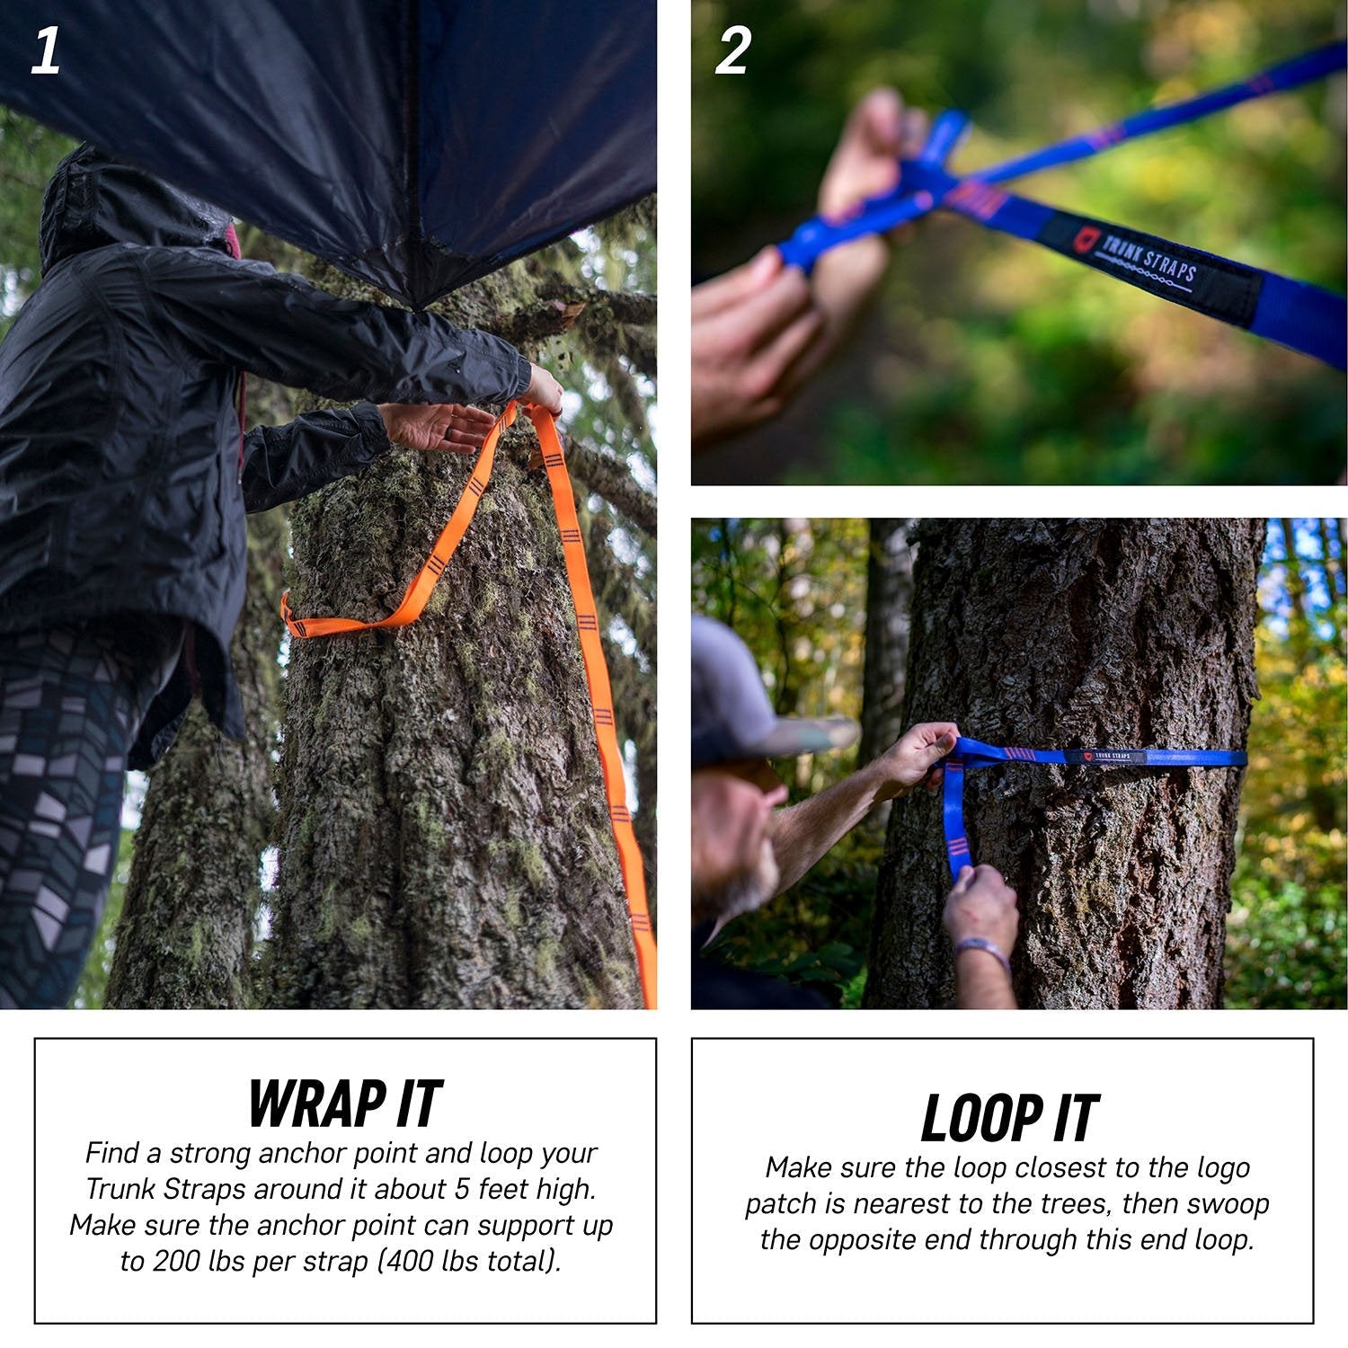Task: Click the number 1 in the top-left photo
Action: tap(46, 51)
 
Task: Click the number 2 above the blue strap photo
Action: tap(732, 51)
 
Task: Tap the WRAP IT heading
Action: tap(345, 1103)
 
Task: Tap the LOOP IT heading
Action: tap(1009, 1118)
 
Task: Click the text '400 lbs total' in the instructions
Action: tap(469, 1261)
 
